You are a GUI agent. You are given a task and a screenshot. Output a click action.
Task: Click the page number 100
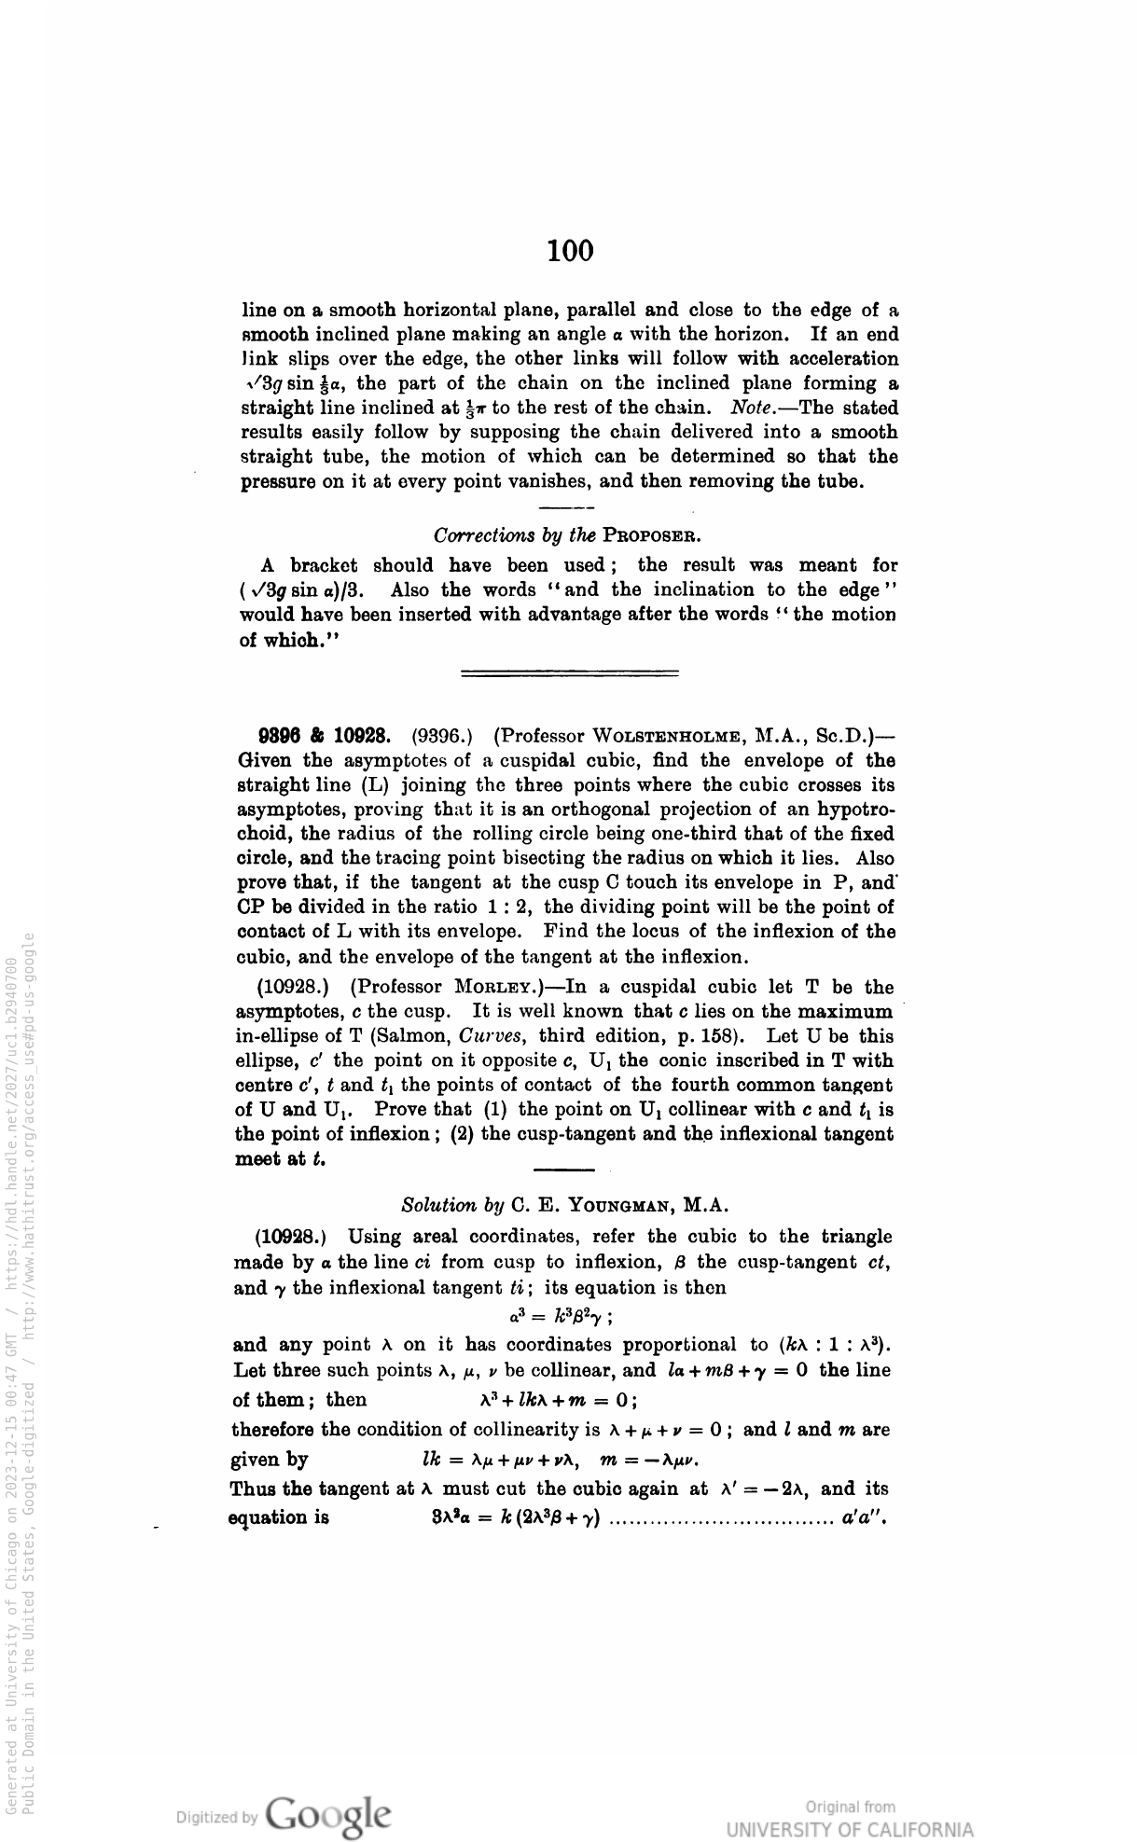point(570,251)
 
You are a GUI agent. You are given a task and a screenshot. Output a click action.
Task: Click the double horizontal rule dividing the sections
point(570,672)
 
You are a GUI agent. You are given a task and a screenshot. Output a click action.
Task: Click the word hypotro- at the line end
point(855,810)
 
